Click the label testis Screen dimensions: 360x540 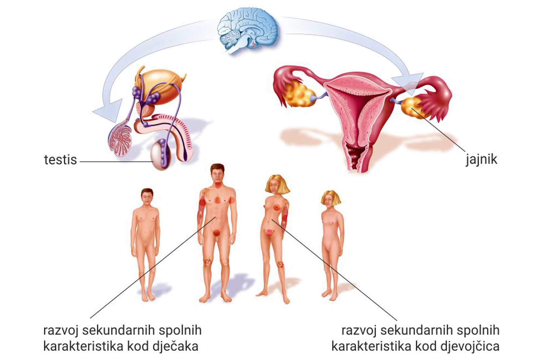point(60,160)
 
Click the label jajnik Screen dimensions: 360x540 point(481,159)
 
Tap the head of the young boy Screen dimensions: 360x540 point(147,197)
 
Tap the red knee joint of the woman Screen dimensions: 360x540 point(280,264)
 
